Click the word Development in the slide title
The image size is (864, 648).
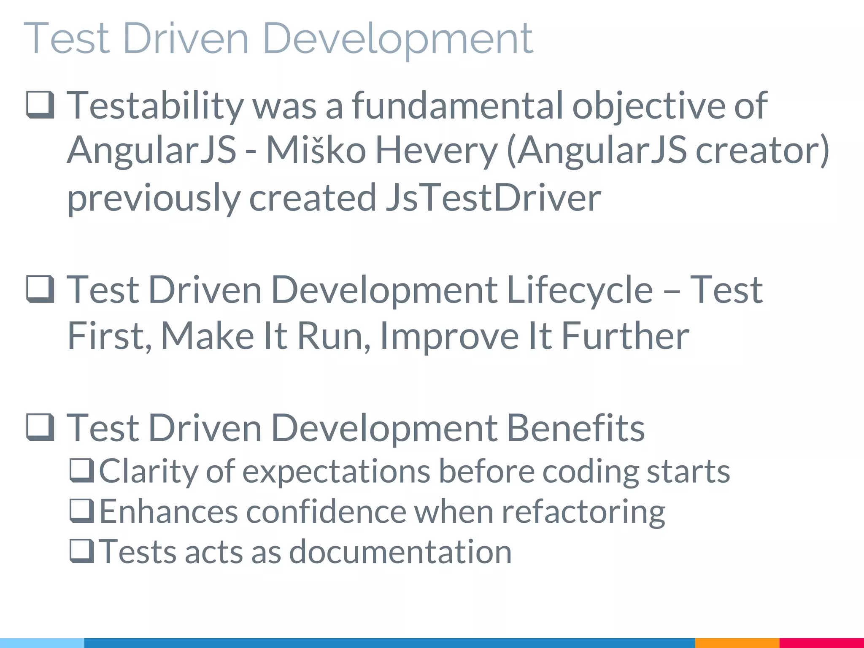pyautogui.click(x=398, y=39)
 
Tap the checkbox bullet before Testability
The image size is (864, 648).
pyautogui.click(x=40, y=105)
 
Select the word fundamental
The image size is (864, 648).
pyautogui.click(x=457, y=105)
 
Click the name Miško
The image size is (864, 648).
pyautogui.click(x=316, y=151)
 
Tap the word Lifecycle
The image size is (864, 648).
pyautogui.click(x=580, y=290)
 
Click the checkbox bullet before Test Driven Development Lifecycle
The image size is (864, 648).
pyautogui.click(x=40, y=289)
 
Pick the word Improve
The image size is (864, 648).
pyautogui.click(x=449, y=336)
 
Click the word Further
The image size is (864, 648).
pyautogui.click(x=625, y=336)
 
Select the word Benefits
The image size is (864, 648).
pyautogui.click(x=575, y=428)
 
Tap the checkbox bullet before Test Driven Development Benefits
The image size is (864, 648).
pyautogui.click(x=40, y=427)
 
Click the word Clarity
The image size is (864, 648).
pyautogui.click(x=148, y=471)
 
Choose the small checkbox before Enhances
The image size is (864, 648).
pyautogui.click(x=82, y=511)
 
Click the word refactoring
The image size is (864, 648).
pyautogui.click(x=583, y=512)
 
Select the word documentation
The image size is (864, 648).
pyautogui.click(x=400, y=551)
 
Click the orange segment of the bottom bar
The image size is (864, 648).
pyautogui.click(x=737, y=643)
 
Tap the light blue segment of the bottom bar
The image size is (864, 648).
pyautogui.click(x=42, y=643)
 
